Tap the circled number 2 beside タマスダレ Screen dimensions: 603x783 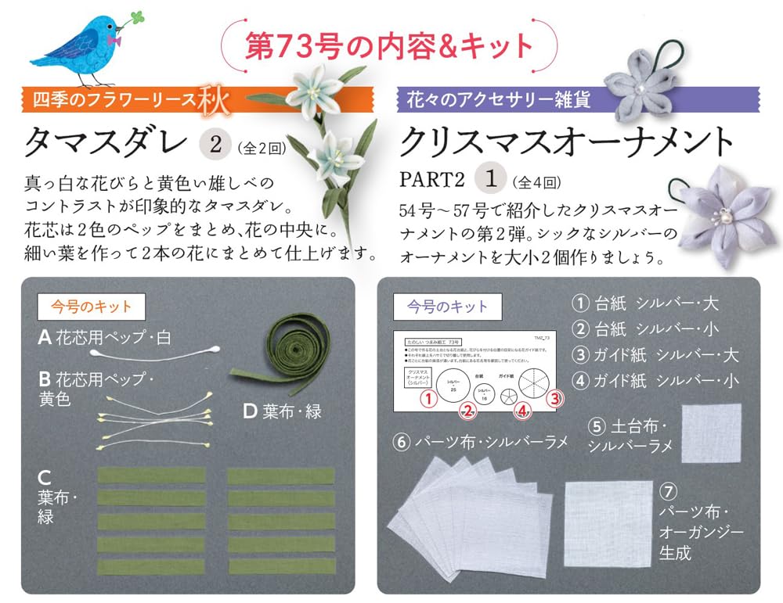pyautogui.click(x=215, y=144)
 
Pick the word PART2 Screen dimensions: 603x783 pyautogui.click(x=432, y=180)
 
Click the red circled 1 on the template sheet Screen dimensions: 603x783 pyautogui.click(x=428, y=398)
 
